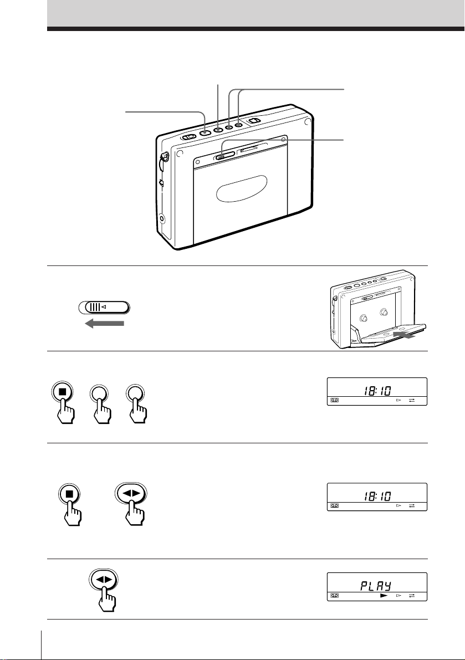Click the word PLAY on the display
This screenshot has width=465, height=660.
pyautogui.click(x=376, y=586)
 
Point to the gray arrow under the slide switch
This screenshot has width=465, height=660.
pyautogui.click(x=104, y=323)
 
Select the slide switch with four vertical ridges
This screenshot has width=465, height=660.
pyautogui.click(x=104, y=307)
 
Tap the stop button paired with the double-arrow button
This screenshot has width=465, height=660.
pyautogui.click(x=70, y=494)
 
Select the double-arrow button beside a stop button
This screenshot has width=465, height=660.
pyautogui.click(x=130, y=494)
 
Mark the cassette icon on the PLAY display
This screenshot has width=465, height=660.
pyautogui.click(x=335, y=596)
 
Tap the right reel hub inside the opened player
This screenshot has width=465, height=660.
pyautogui.click(x=384, y=313)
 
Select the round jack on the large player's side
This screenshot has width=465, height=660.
pyautogui.click(x=163, y=219)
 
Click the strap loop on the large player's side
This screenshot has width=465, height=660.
pyautogui.click(x=164, y=158)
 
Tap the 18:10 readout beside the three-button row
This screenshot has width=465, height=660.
pyautogui.click(x=377, y=391)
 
